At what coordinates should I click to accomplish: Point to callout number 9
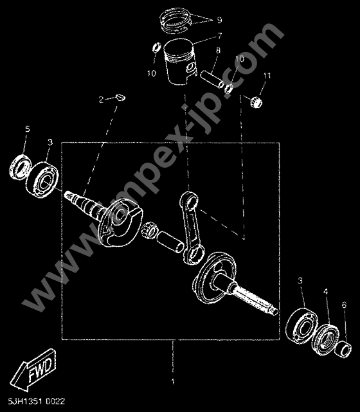click(219, 19)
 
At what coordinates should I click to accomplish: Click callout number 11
click(266, 77)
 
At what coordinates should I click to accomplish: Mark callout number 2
click(101, 100)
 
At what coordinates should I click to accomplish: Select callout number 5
click(27, 130)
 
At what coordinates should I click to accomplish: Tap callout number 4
click(326, 292)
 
